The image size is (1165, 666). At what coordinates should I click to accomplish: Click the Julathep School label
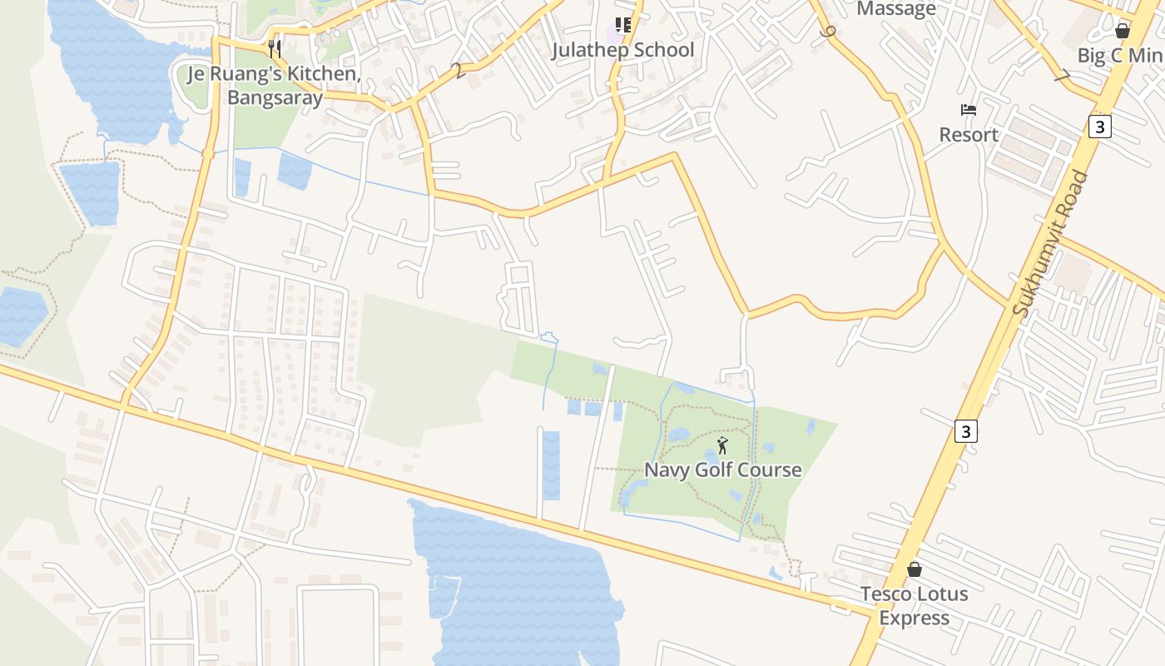tap(622, 50)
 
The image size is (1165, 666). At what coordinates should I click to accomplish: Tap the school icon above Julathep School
tap(623, 26)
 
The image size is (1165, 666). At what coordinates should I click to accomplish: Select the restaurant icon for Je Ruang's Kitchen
tap(275, 49)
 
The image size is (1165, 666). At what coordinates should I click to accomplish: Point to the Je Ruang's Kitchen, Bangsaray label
tap(275, 86)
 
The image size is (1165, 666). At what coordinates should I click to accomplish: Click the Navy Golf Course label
tap(723, 470)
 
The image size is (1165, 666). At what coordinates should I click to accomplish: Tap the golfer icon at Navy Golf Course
tap(722, 445)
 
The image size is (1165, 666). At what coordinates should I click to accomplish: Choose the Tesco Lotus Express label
tap(915, 605)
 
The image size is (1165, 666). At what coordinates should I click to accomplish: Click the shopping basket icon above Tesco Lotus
tap(915, 569)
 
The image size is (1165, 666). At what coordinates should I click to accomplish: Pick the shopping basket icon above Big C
tap(1123, 32)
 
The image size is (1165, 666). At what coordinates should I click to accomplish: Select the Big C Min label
tap(1119, 56)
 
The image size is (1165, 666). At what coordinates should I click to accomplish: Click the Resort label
tap(969, 135)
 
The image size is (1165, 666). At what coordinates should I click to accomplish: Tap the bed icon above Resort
tap(969, 110)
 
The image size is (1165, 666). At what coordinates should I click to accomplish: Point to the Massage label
tap(896, 9)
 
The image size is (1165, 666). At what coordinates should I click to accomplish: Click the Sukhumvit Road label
tap(1051, 243)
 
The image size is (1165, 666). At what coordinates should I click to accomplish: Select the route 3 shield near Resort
tap(1100, 127)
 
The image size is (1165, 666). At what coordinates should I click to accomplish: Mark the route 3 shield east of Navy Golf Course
tap(965, 431)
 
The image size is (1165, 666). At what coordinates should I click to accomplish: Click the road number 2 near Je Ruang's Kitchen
tap(459, 72)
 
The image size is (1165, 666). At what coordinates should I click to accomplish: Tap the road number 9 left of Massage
tap(827, 32)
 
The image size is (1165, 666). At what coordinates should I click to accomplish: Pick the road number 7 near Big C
tap(1061, 77)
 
